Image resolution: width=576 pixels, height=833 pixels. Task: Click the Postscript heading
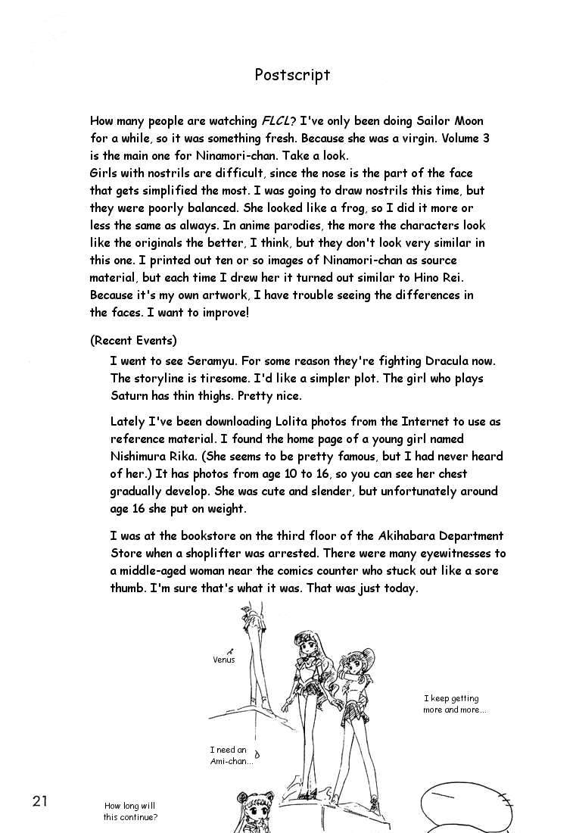(292, 75)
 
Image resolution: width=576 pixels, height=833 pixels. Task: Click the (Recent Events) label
(133, 340)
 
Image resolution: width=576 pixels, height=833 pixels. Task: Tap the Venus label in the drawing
(224, 660)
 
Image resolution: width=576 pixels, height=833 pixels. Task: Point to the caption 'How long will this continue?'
(130, 812)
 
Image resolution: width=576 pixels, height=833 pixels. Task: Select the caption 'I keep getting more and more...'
(454, 704)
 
